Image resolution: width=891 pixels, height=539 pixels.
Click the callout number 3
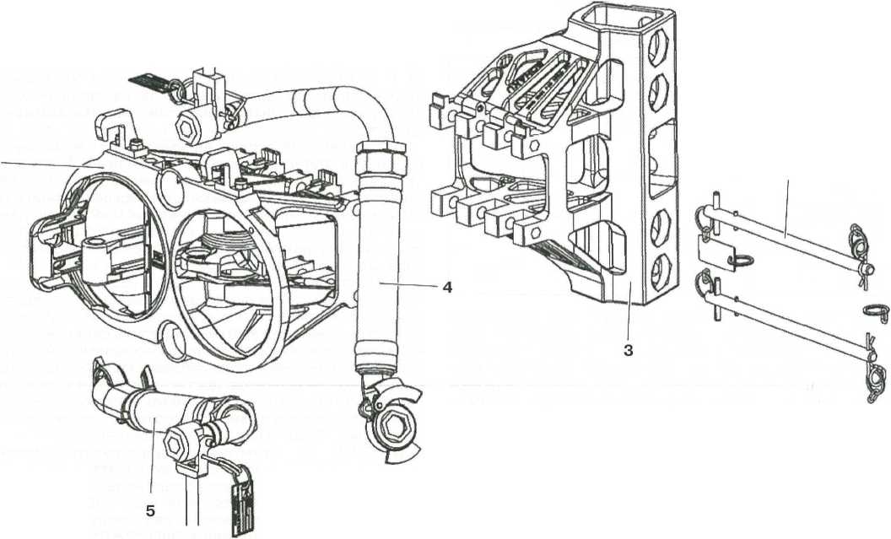tap(629, 348)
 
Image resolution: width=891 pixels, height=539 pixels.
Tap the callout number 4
tap(447, 287)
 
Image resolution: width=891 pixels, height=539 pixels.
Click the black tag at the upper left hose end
tap(150, 84)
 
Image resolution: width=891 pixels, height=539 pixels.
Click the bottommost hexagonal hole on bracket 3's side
tap(660, 263)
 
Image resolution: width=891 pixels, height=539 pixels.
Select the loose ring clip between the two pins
tap(872, 312)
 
